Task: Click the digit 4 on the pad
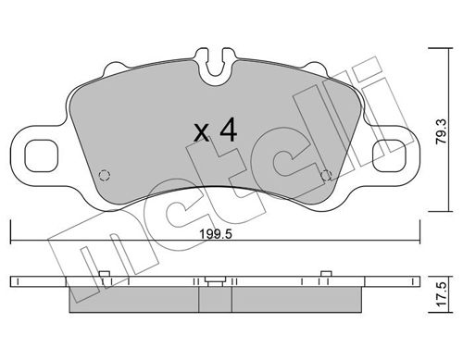pos(228,130)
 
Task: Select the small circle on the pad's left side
pos(105,173)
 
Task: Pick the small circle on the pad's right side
pos(325,173)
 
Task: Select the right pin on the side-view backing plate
pos(325,272)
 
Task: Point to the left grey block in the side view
pos(134,299)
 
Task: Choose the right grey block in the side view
pos(296,299)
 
